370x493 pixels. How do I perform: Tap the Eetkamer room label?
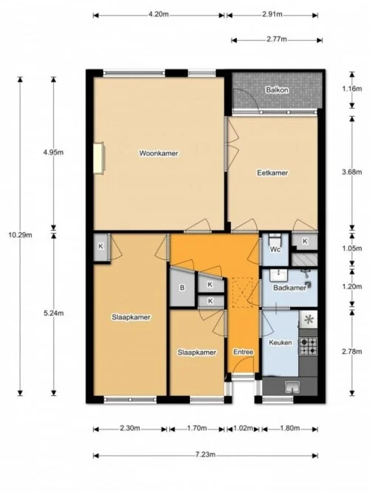[272, 173]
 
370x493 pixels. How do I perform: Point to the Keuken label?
[280, 343]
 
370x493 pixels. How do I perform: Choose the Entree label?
[243, 352]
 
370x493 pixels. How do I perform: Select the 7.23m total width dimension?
[207, 455]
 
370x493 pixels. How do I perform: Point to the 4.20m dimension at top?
[159, 14]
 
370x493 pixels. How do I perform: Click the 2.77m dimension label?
[275, 40]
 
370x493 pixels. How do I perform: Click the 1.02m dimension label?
[243, 428]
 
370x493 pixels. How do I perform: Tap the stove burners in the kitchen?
[308, 345]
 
